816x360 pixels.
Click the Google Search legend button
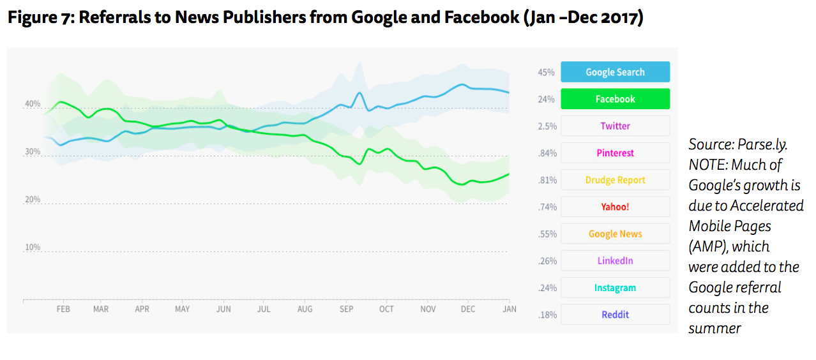click(615, 72)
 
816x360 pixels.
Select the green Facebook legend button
click(615, 99)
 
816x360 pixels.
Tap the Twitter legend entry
click(615, 126)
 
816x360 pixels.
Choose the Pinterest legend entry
click(615, 153)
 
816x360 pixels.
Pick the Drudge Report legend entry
click(615, 180)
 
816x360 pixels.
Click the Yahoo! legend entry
click(615, 207)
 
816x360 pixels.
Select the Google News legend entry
click(615, 234)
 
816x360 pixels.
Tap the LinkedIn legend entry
click(615, 260)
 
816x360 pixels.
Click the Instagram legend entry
click(615, 288)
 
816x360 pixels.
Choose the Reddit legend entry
click(615, 315)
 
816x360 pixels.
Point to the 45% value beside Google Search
click(546, 72)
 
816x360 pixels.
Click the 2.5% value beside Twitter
click(547, 126)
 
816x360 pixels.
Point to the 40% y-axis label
click(33, 104)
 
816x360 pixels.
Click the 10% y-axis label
click(33, 248)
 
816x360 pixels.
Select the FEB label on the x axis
click(63, 310)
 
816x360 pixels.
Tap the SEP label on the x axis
click(346, 310)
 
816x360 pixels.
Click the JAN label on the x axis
click(509, 310)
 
